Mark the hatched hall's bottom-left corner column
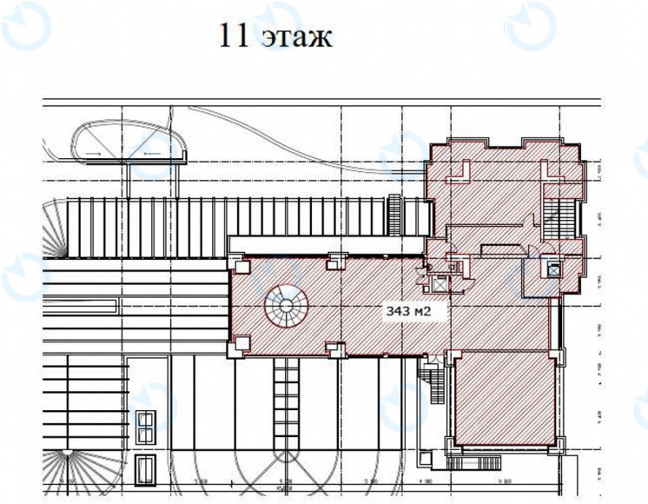[x=236, y=348]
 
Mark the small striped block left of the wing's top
[x=395, y=212]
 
